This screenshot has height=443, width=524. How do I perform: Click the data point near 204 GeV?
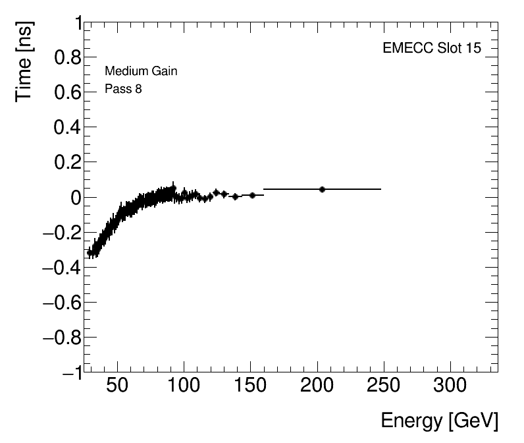click(x=322, y=189)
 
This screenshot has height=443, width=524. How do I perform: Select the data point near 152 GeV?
click(x=252, y=195)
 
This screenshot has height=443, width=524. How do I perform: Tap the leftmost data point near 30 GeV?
click(x=90, y=252)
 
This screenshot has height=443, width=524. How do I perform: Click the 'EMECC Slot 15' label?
click(x=431, y=49)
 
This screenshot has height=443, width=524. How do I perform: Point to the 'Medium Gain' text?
click(x=140, y=71)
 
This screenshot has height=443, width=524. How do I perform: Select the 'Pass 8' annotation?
click(x=123, y=89)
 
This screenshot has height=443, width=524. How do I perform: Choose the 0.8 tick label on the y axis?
click(x=66, y=58)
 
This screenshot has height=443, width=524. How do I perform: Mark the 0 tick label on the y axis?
click(x=76, y=197)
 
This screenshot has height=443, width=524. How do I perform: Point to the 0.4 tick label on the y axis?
click(x=66, y=127)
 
